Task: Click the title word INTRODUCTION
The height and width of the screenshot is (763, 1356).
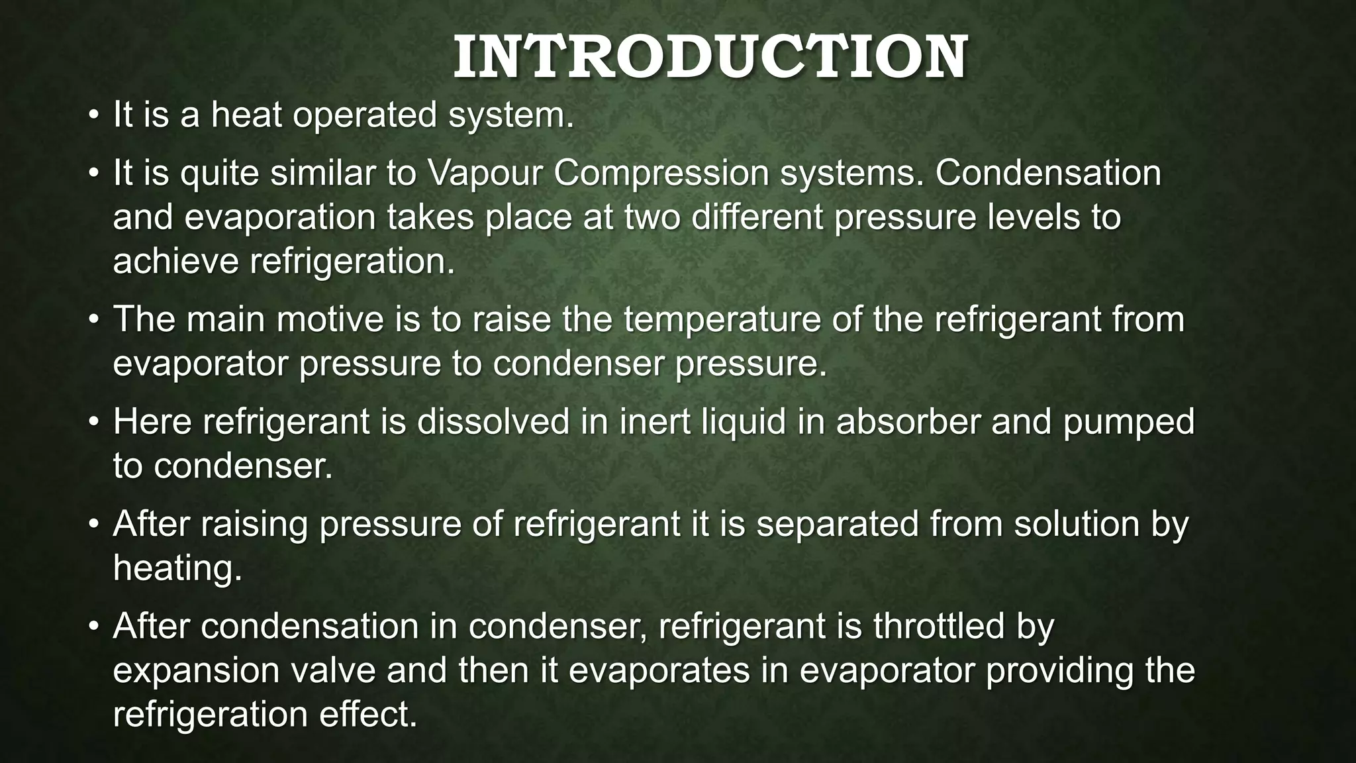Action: pyautogui.click(x=710, y=58)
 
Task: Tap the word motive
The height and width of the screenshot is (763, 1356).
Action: pyautogui.click(x=330, y=319)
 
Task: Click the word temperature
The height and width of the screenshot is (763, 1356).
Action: pyautogui.click(x=742, y=321)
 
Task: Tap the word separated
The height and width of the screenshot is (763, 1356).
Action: pyautogui.click(x=838, y=525)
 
